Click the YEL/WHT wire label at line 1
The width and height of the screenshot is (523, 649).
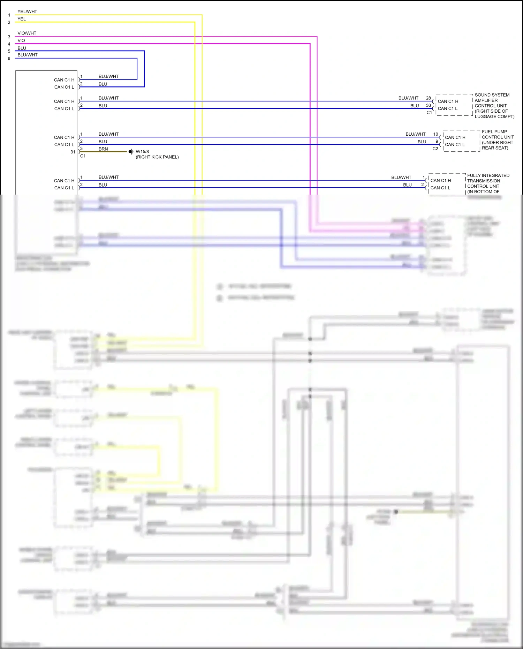pos(27,12)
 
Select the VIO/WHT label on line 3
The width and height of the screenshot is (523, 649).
pos(27,33)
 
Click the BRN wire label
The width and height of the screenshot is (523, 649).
pos(103,149)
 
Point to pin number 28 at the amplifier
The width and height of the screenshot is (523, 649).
pos(428,98)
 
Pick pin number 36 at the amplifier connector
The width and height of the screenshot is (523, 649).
pos(428,105)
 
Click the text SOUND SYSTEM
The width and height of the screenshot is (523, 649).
pos(492,95)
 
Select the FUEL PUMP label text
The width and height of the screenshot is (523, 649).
pos(494,132)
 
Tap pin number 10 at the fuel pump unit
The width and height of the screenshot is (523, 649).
pos(435,134)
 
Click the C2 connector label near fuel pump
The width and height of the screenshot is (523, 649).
pos(435,149)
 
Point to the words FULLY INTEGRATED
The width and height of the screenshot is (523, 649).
pos(488,175)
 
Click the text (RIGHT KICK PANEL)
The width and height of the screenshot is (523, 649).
pos(157,157)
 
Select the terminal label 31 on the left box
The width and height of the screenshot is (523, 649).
pos(73,152)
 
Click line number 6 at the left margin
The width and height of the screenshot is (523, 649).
pos(9,59)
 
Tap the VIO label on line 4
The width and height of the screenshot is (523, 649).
pos(21,40)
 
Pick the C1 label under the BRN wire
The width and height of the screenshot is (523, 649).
pos(83,156)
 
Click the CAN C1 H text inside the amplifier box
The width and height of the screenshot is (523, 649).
pos(448,101)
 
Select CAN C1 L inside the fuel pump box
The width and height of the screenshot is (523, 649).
pos(455,145)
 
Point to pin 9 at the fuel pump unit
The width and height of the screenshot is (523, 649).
pos(437,141)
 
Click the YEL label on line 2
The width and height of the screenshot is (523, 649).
pos(22,19)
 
